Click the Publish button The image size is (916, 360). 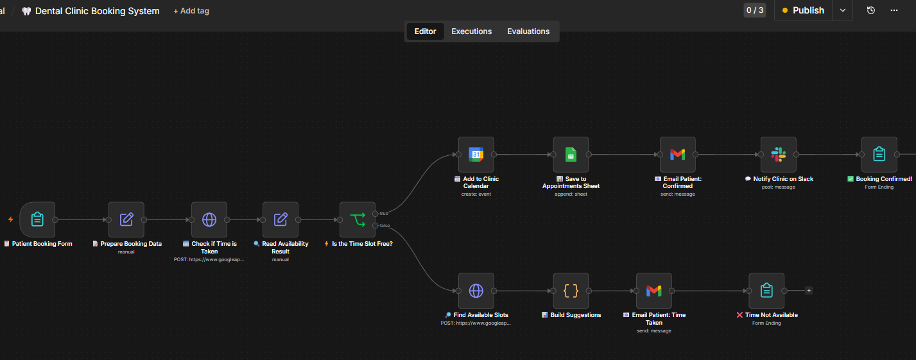(803, 11)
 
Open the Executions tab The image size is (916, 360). (471, 31)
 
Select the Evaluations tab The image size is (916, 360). (528, 31)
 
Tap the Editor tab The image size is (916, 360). (425, 31)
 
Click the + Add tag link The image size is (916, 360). (191, 11)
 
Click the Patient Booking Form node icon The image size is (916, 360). (37, 219)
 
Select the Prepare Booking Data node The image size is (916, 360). (126, 219)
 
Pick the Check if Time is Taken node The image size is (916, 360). (209, 219)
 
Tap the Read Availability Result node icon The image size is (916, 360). (281, 219)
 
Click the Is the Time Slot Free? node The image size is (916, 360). (358, 219)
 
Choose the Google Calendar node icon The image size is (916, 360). (476, 155)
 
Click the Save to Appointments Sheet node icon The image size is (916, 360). (571, 155)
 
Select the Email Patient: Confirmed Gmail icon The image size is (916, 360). (678, 155)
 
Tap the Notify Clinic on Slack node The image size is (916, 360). (778, 155)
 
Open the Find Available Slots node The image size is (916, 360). (476, 291)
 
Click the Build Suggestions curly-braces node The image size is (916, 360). (571, 291)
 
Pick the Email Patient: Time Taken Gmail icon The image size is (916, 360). (654, 291)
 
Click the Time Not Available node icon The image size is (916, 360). (766, 291)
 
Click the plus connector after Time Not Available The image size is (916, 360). (808, 291)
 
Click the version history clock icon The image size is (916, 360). (870, 11)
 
